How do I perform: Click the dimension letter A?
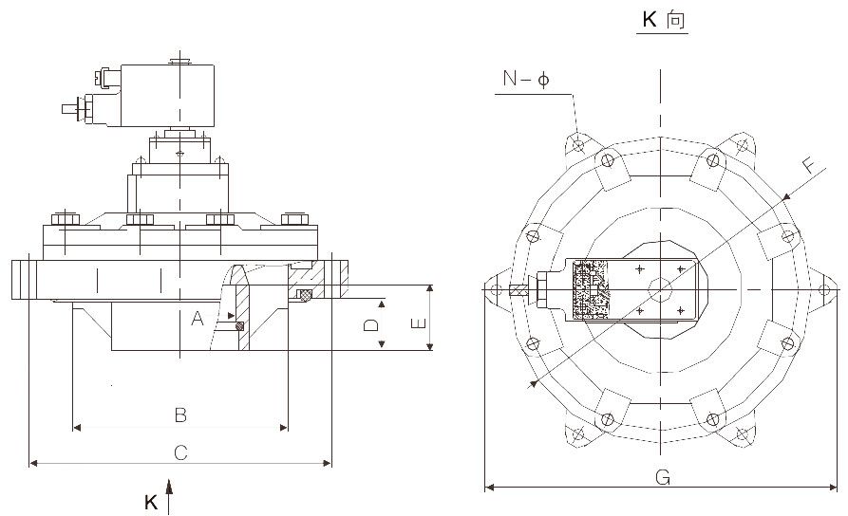[198, 320]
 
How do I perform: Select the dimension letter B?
[179, 415]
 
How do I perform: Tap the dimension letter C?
[180, 452]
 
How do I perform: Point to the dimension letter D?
[371, 324]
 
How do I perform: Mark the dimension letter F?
[808, 166]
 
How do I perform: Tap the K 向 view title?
[662, 20]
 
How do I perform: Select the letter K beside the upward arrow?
[150, 503]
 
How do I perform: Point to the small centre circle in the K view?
[660, 289]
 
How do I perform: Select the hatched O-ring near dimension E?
[304, 296]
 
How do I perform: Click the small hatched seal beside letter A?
[239, 326]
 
